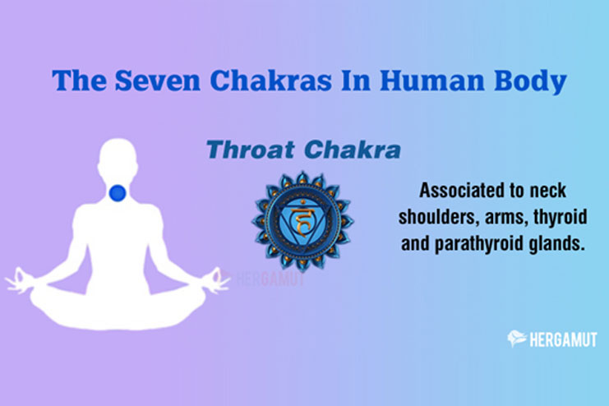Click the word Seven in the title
pyautogui.click(x=158, y=81)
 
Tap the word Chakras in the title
pyautogui.click(x=270, y=81)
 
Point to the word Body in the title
pyautogui.click(x=530, y=81)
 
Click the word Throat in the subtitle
pyautogui.click(x=251, y=150)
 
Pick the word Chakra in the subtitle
pyautogui.click(x=352, y=150)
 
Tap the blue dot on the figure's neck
pyautogui.click(x=118, y=193)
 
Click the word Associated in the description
pyautogui.click(x=461, y=191)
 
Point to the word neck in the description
pyautogui.click(x=547, y=191)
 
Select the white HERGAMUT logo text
pyautogui.click(x=563, y=340)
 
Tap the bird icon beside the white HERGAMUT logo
pyautogui.click(x=517, y=339)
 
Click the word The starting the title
pyautogui.click(x=79, y=81)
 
